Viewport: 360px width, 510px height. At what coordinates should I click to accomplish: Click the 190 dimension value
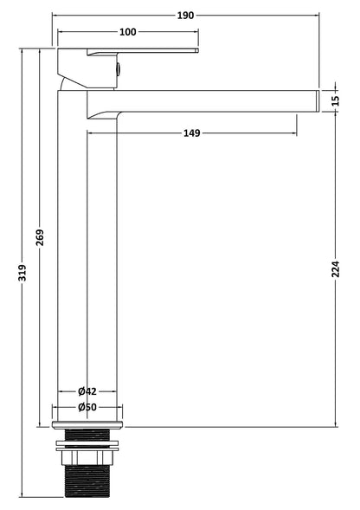185,16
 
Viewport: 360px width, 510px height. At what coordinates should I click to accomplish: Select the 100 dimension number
128,32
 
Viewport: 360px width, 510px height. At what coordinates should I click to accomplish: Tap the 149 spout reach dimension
192,133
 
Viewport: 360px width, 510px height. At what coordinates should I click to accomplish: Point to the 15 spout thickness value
336,100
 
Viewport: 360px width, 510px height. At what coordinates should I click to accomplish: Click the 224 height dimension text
336,268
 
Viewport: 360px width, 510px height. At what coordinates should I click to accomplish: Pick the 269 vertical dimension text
40,237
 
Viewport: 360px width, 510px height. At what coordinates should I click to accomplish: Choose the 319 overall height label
22,273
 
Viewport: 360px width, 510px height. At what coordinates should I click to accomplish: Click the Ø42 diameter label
87,391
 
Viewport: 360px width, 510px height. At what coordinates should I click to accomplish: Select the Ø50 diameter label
87,407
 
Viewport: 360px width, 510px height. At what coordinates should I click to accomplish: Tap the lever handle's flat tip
196,50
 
